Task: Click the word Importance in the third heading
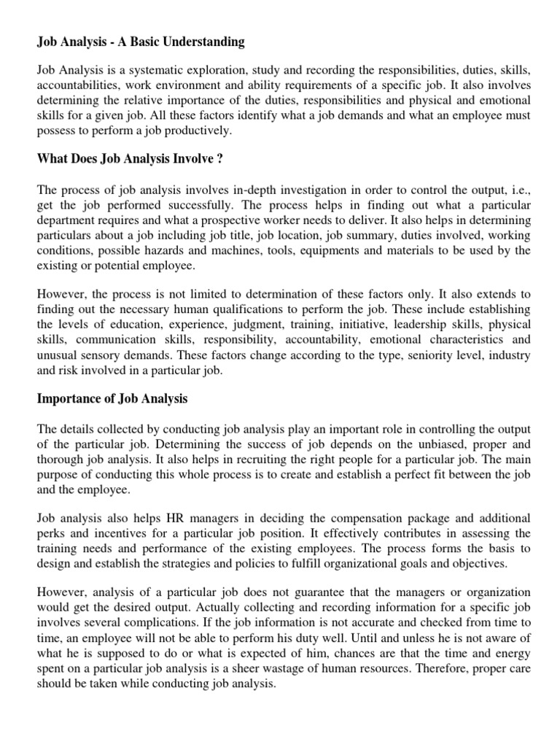(68, 399)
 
